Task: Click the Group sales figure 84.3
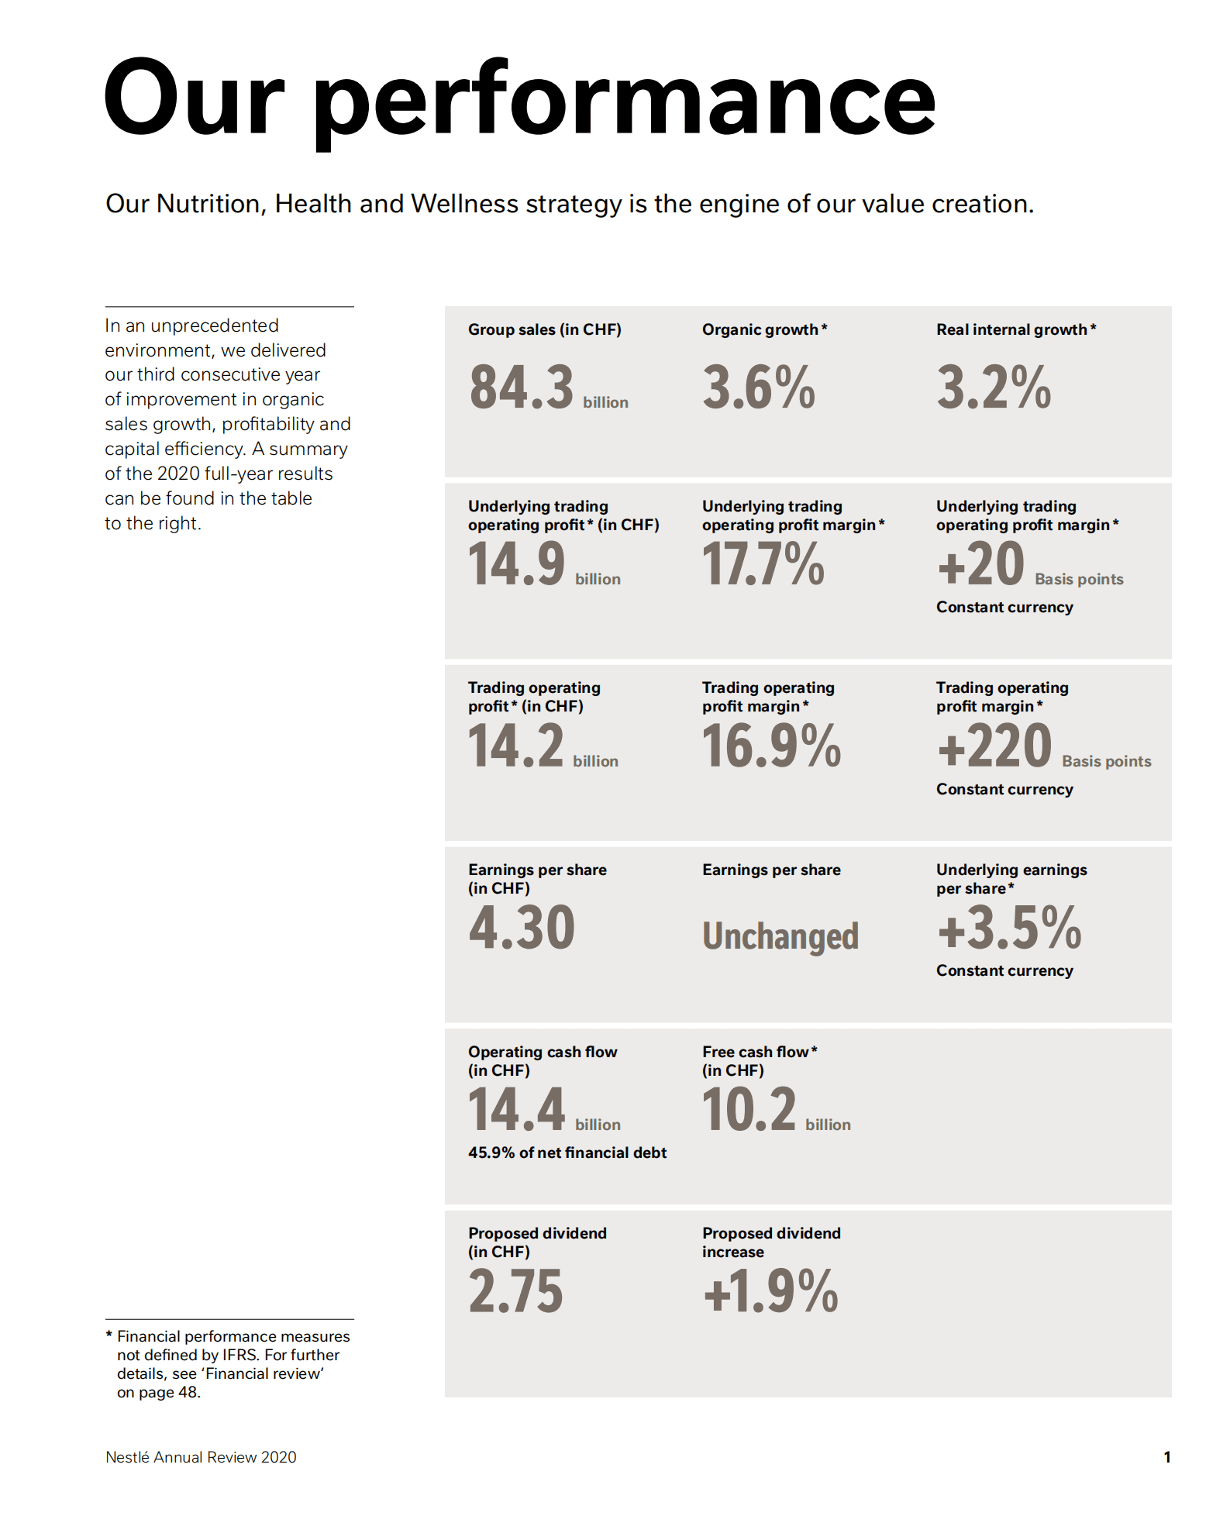(x=521, y=388)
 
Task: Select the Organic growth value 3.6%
(x=759, y=388)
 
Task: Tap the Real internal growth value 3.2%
(x=994, y=388)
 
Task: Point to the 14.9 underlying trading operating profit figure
(x=517, y=564)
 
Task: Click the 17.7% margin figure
(x=763, y=564)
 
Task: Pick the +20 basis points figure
(x=981, y=564)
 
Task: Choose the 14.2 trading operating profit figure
(x=515, y=746)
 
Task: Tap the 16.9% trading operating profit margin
(x=771, y=746)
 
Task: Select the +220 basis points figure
(x=994, y=746)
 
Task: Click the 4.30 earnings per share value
(x=522, y=928)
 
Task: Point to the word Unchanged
(x=780, y=936)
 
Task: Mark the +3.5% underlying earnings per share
(x=1009, y=928)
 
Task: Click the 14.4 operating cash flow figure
(x=517, y=1110)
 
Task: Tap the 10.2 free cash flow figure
(x=749, y=1110)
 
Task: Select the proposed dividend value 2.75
(x=515, y=1291)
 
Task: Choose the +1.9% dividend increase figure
(x=770, y=1291)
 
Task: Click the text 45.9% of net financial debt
(x=567, y=1153)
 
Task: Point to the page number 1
(x=1166, y=1457)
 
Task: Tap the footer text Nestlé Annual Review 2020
(x=201, y=1457)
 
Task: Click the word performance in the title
(x=625, y=101)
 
